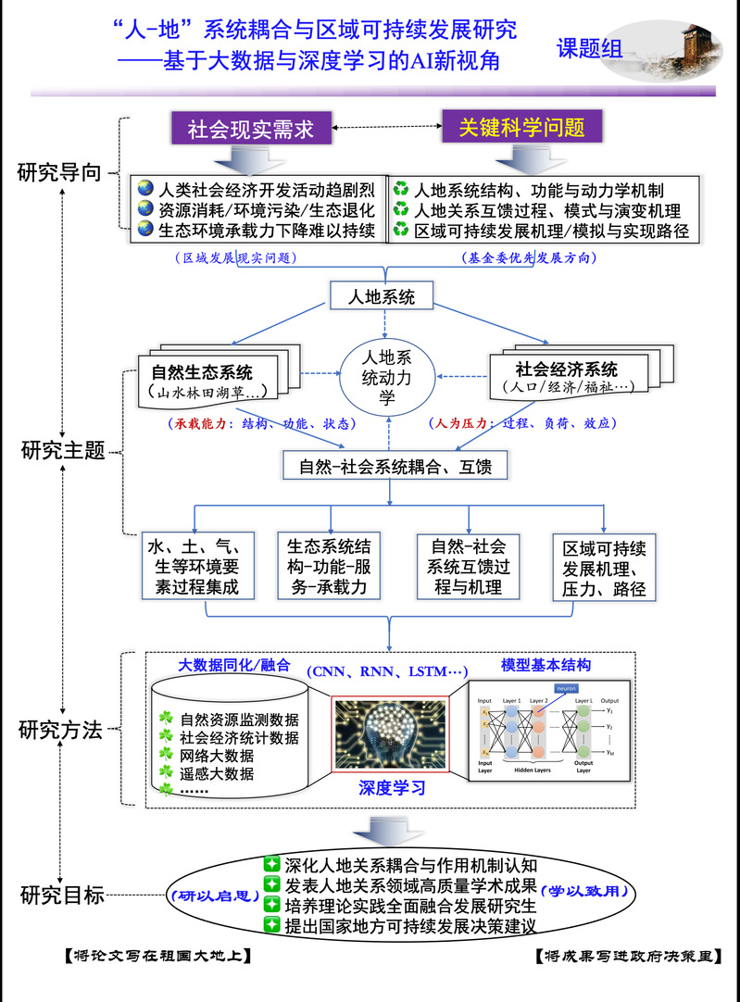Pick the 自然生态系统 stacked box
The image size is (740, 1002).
point(206,381)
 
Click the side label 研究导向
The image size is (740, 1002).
point(59,173)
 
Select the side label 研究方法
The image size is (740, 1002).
point(60,730)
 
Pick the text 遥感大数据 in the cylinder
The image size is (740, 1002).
point(218,773)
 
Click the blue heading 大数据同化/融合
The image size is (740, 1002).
point(233,665)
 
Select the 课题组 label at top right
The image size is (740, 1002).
point(590,49)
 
